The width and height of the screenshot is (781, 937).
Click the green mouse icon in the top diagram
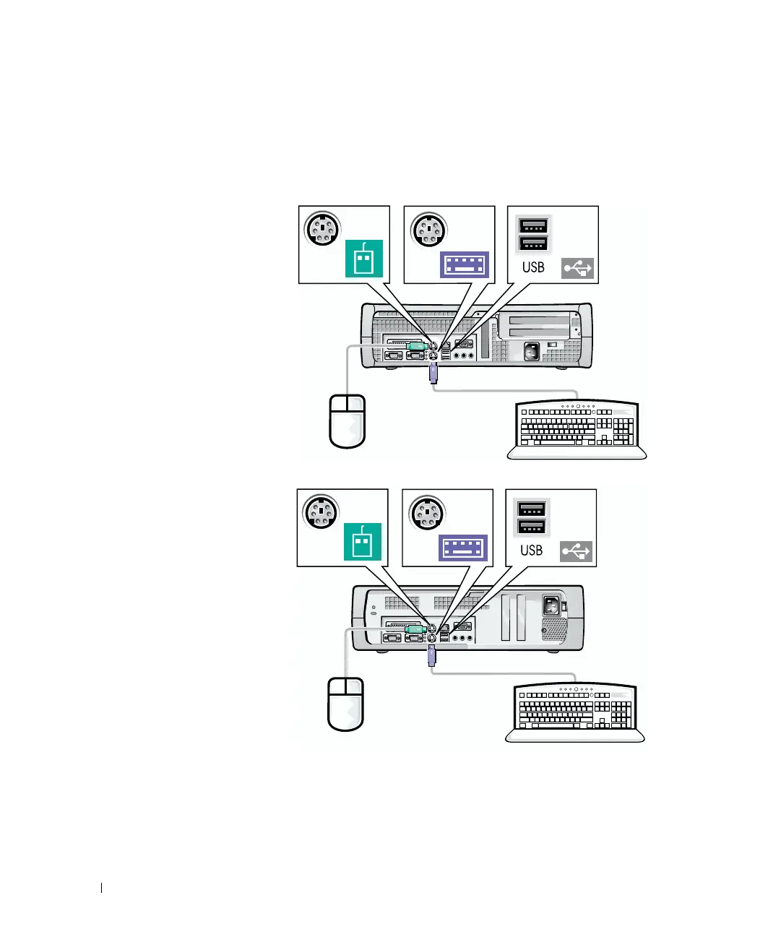pos(363,259)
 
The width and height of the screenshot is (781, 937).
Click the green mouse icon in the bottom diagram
pos(361,541)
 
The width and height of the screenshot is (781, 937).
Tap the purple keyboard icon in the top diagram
pos(465,264)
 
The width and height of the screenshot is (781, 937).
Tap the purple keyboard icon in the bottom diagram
pos(463,548)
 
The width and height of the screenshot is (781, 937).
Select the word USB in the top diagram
pos(533,267)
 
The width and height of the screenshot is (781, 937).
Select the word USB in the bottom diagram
pos(531,550)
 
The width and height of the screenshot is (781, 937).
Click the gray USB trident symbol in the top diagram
pos(577,268)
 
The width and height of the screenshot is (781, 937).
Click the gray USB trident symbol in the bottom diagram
pos(576,551)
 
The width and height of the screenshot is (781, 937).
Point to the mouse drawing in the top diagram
pos(348,421)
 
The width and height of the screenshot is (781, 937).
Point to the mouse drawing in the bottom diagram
pos(346,704)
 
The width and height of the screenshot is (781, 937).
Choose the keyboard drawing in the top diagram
pos(577,430)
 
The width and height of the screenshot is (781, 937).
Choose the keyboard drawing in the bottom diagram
pos(575,713)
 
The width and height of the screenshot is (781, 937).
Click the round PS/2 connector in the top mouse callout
pos(322,230)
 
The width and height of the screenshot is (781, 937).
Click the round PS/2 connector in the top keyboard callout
pos(429,230)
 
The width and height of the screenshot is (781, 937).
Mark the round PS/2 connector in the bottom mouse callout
pos(321,513)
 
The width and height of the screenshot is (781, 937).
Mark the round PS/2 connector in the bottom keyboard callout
pos(427,514)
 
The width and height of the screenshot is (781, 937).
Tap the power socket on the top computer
pos(532,352)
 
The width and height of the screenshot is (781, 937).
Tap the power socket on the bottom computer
pos(551,605)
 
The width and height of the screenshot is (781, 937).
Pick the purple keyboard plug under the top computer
pos(433,373)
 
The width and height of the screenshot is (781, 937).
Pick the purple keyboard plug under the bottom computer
pos(431,657)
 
